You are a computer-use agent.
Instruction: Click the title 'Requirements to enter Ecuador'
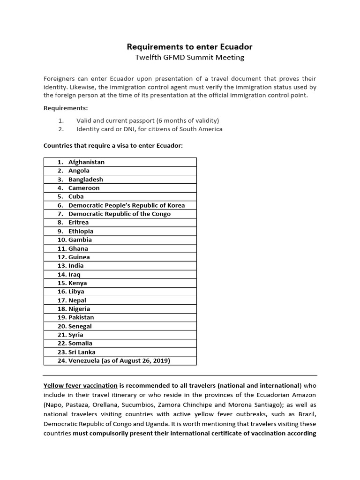point(190,47)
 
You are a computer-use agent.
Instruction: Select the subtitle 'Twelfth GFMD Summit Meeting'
point(190,58)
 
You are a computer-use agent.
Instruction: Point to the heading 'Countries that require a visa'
point(113,145)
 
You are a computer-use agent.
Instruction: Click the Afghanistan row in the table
point(86,162)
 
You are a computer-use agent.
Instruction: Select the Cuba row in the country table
point(76,196)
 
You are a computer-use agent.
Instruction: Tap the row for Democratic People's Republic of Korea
point(127,205)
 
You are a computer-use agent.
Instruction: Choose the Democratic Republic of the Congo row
point(120,214)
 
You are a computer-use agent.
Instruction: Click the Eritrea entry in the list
point(78,222)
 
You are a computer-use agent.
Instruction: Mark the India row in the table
point(76,265)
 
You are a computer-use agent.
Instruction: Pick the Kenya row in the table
point(77,283)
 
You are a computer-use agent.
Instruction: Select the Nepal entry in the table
point(77,300)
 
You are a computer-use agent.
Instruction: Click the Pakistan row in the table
point(81,317)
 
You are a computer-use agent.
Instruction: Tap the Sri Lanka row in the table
point(82,352)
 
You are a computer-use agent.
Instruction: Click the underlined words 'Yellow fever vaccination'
point(80,386)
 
